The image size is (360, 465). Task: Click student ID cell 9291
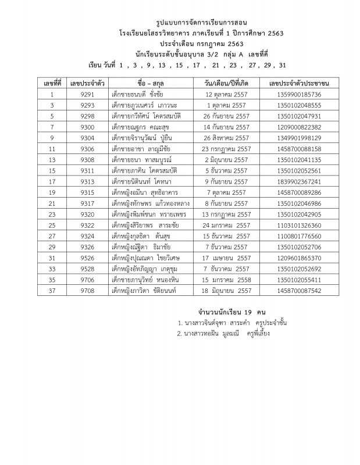(x=87, y=94)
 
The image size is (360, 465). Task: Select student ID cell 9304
(x=87, y=138)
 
